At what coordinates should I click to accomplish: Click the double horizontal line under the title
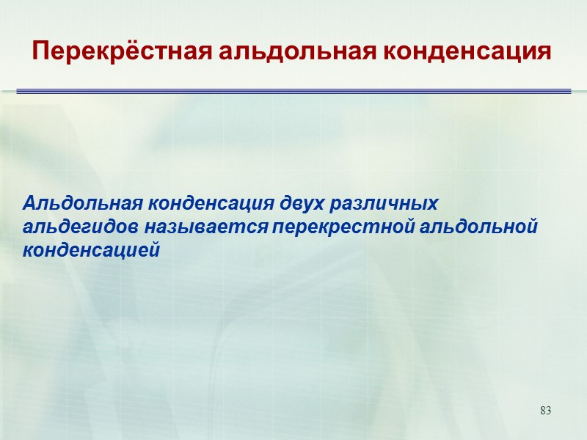click(293, 91)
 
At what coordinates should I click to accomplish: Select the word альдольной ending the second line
click(480, 227)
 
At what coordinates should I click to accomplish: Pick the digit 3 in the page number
click(548, 409)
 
